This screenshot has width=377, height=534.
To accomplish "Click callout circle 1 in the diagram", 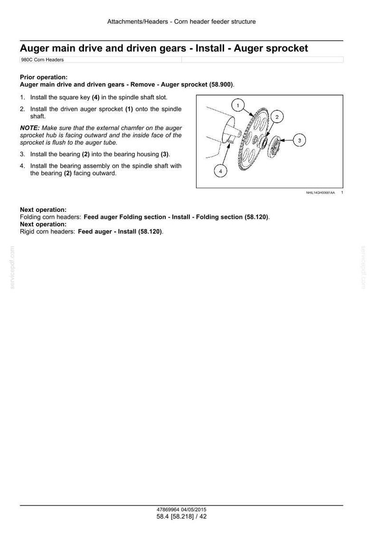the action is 238,105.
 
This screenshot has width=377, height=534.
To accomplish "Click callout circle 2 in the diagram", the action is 277,117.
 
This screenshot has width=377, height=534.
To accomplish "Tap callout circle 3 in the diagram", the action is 300,140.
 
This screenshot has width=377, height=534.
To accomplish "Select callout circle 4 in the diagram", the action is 220,171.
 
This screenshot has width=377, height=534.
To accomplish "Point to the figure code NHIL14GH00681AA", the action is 320,193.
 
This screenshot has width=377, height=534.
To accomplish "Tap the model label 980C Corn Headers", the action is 42,59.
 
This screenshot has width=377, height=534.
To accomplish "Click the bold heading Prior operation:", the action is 44,77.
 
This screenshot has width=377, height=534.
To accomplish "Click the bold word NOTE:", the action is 30,128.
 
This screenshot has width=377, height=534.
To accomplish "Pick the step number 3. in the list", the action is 22,154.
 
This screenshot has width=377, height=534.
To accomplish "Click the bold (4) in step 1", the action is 95,97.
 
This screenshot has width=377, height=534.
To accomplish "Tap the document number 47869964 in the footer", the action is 168,510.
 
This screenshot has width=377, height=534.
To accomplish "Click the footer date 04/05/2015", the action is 194,510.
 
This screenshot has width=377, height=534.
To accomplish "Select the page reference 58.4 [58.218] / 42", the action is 181,516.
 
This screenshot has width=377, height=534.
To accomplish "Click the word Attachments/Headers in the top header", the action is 138,22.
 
